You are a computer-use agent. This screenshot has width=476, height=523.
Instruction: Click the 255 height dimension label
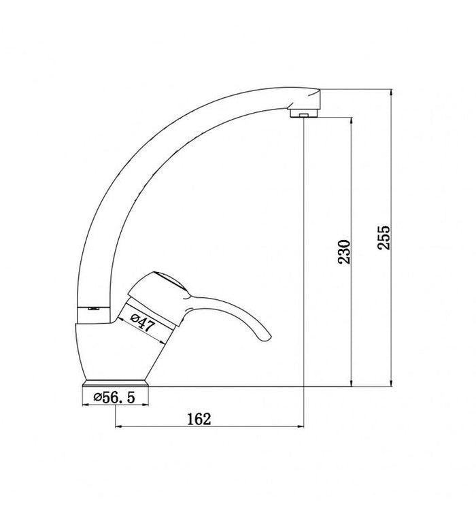pos(384,237)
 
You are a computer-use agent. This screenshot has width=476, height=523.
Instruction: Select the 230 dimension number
pos(344,252)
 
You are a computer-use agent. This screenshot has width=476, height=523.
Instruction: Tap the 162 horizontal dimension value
pos(199,419)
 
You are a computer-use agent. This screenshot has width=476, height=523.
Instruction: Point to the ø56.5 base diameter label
pos(114,397)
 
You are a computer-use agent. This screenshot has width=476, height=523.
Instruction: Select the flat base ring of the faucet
pos(116,383)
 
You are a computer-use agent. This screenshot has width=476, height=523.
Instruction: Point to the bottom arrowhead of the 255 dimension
pos(392,383)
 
